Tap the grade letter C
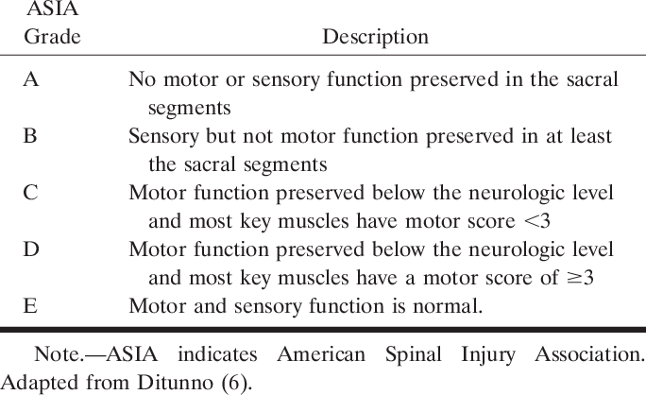pyautogui.click(x=31, y=194)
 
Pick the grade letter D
pyautogui.click(x=31, y=249)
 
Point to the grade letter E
pyautogui.click(x=31, y=305)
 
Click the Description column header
pyautogui.click(x=375, y=38)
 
